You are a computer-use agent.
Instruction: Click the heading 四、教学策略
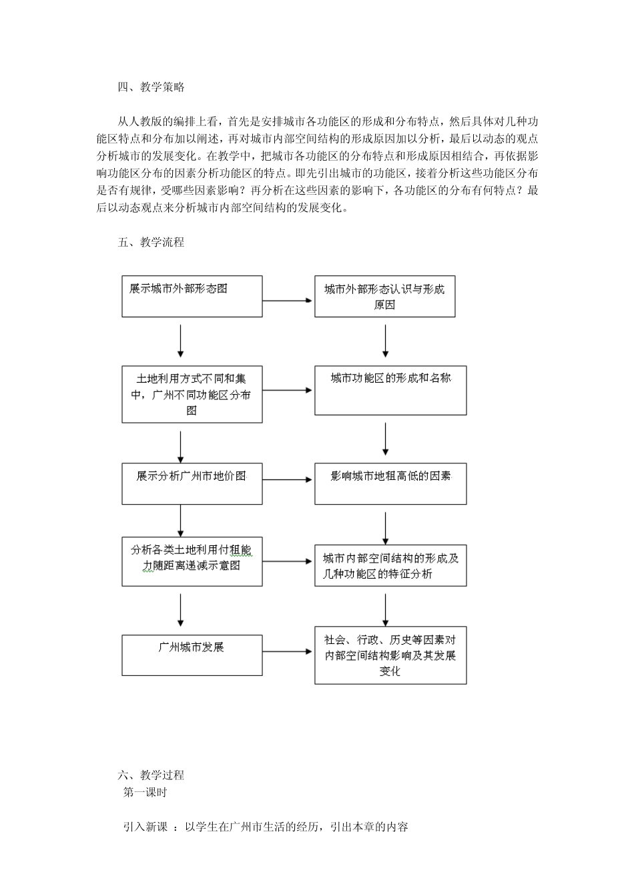(x=151, y=87)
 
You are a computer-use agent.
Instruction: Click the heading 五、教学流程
(x=151, y=242)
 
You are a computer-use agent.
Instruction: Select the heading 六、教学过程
(x=151, y=775)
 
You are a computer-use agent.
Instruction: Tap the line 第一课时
(x=145, y=792)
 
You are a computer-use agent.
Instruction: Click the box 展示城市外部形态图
(x=192, y=296)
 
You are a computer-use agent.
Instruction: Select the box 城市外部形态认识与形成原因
(x=384, y=297)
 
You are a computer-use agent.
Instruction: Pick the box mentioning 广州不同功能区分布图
(x=192, y=394)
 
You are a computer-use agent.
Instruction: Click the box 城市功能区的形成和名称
(x=390, y=390)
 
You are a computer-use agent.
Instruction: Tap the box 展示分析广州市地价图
(x=192, y=483)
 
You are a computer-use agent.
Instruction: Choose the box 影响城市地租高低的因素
(x=390, y=483)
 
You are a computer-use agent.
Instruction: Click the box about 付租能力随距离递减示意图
(x=192, y=561)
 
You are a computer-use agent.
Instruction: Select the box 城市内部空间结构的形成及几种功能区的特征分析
(x=390, y=566)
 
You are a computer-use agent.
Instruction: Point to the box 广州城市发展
(x=192, y=655)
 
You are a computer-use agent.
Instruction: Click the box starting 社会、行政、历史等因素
(x=390, y=655)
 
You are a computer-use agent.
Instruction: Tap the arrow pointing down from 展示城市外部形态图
(x=180, y=341)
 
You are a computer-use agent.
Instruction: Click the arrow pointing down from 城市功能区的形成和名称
(x=385, y=438)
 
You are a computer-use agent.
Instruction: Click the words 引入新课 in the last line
(x=145, y=827)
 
